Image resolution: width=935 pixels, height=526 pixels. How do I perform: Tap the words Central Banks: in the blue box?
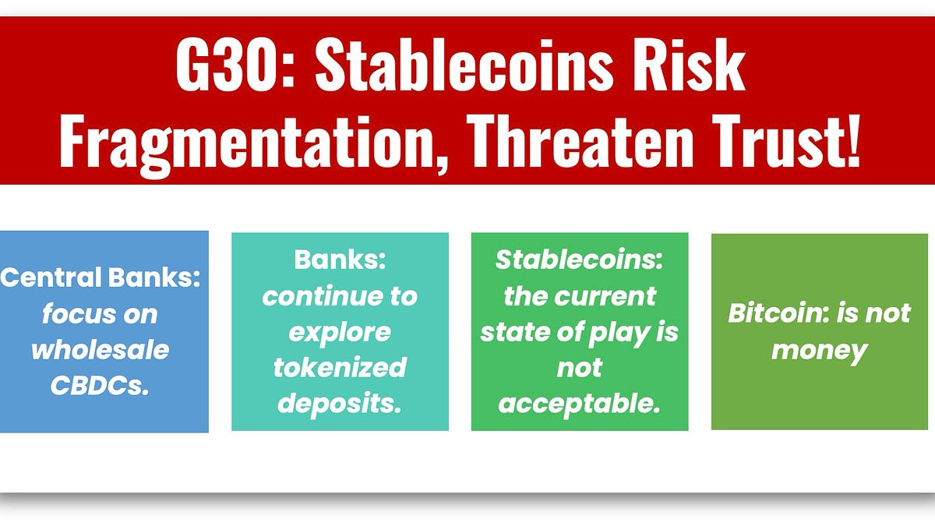(101, 277)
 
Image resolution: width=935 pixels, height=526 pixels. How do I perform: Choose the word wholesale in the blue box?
(100, 349)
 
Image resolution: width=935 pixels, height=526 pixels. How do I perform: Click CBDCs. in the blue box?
(100, 385)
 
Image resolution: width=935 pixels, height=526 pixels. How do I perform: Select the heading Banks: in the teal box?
(340, 260)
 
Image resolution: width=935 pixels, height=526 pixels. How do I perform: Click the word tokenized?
(340, 367)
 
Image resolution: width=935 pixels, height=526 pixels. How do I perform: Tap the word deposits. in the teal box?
(340, 403)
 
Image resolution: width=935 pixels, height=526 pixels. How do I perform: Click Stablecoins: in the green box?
(579, 260)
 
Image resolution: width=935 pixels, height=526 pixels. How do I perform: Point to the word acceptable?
(579, 403)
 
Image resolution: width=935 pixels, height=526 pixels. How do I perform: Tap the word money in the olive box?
(819, 350)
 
